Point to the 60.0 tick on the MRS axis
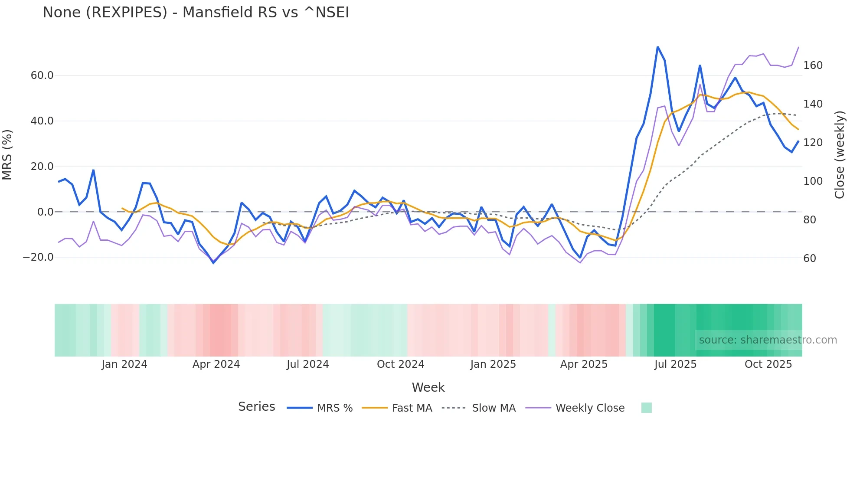(x=42, y=75)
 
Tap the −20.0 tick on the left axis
(x=38, y=257)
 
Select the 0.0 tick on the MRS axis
(x=46, y=212)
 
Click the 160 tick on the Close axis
(x=813, y=65)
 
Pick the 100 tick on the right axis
(x=813, y=181)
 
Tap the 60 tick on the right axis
(x=810, y=259)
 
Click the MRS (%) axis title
(x=7, y=154)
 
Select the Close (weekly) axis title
(x=840, y=155)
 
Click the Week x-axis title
(x=428, y=387)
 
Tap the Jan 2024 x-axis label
(x=124, y=364)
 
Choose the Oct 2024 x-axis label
(x=400, y=364)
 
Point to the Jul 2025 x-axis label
(x=675, y=364)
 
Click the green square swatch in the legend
(x=646, y=408)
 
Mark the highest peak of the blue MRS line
(x=657, y=47)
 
